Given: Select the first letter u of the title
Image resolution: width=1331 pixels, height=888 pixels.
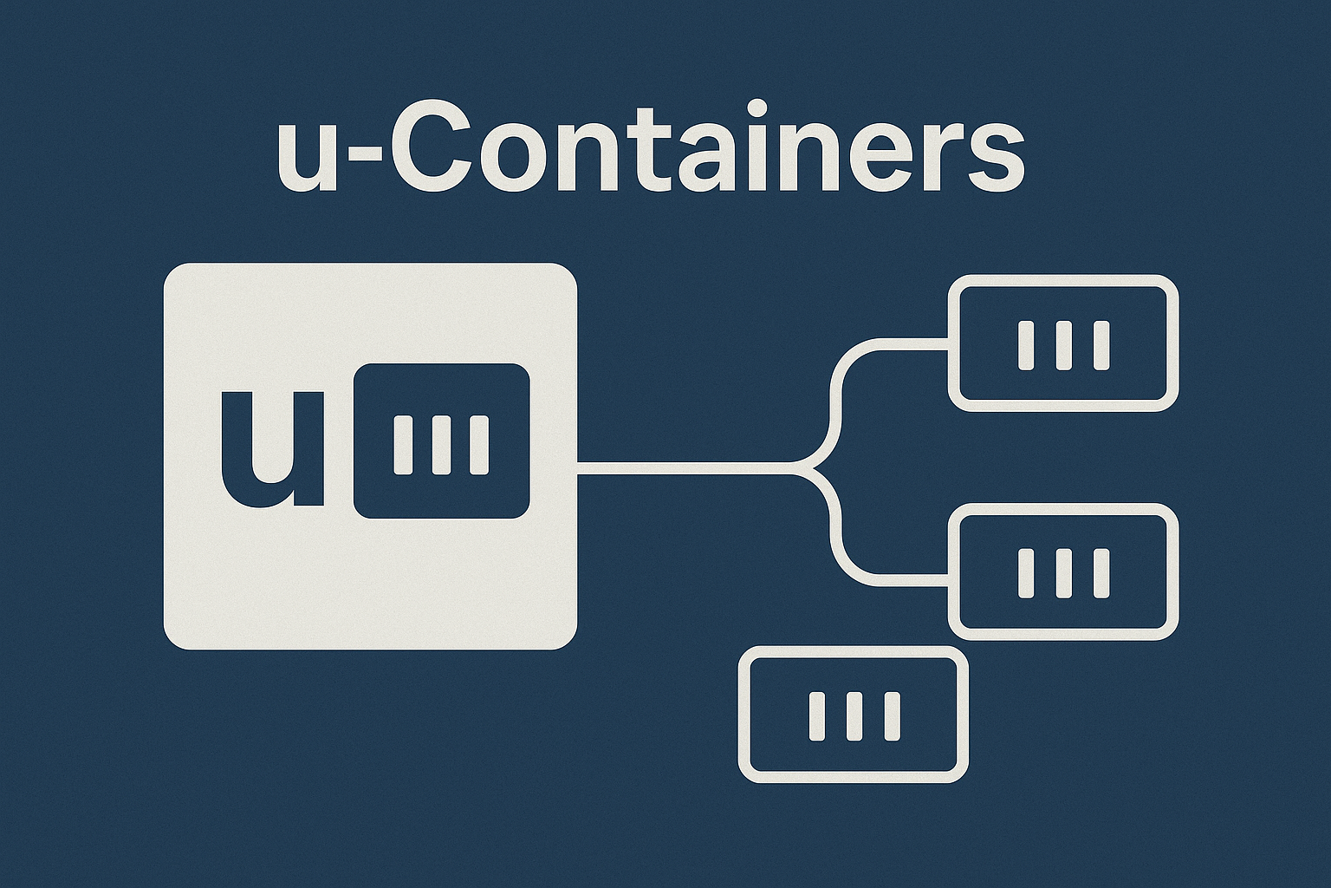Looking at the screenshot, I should click(x=308, y=160).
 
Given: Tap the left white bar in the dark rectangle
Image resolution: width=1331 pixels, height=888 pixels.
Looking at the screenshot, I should click(x=403, y=445).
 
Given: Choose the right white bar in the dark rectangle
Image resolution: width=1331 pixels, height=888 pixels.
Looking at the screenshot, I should click(x=479, y=445).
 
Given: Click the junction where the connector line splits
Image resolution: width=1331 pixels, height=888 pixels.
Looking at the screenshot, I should click(x=813, y=470).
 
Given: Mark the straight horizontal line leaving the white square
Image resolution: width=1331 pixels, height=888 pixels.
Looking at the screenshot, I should click(x=685, y=470).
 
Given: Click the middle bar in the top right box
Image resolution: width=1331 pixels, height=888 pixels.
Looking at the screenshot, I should click(x=1064, y=345).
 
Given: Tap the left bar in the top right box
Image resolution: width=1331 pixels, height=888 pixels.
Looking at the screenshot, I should click(x=1026, y=345).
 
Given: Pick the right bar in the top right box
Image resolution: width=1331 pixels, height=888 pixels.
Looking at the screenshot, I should click(x=1101, y=345).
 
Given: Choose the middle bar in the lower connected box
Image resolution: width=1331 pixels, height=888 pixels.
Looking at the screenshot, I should click(x=1064, y=573).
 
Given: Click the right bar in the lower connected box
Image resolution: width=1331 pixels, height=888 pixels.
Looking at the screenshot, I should click(x=1101, y=573).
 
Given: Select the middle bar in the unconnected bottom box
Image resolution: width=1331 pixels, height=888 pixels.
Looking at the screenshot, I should click(x=854, y=715).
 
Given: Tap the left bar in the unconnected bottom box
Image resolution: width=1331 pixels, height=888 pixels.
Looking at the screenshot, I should click(x=816, y=715).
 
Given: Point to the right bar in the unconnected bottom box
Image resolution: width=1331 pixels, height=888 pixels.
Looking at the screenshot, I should click(x=893, y=715).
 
